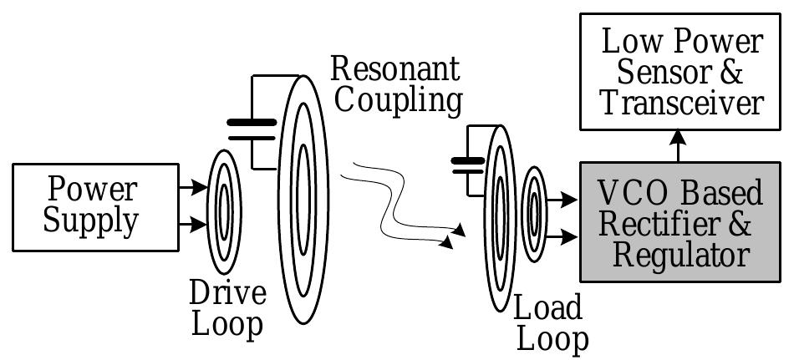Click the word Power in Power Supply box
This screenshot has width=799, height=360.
91,189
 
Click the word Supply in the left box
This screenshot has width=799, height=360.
91,221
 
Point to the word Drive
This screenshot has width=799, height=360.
227,293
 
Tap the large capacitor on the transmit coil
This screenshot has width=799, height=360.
252,130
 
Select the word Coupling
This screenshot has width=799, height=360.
398,99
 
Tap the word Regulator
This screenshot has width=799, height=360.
680,255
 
